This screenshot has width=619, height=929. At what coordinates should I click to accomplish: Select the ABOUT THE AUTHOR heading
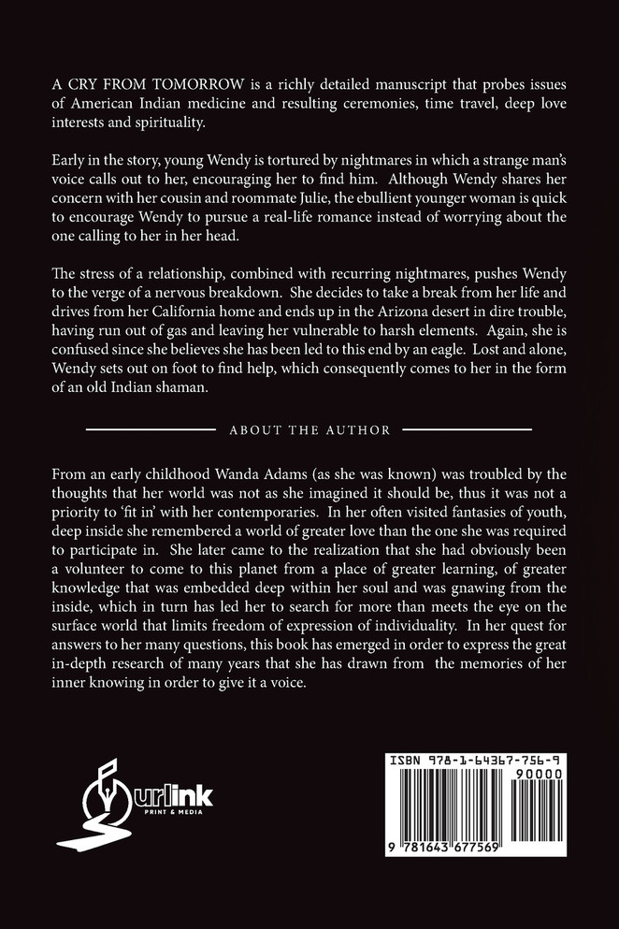click(309, 430)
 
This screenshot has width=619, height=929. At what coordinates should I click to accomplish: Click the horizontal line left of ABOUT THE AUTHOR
click(151, 430)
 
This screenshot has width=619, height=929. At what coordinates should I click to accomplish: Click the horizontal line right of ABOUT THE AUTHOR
click(468, 430)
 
